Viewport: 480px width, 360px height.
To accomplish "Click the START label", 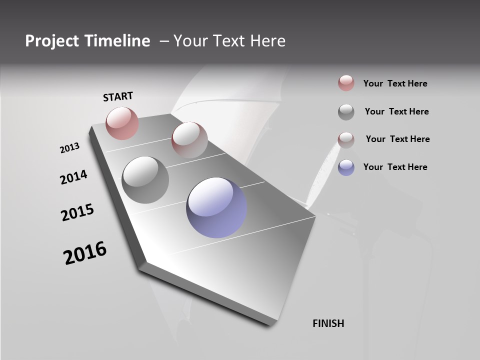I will pos(118,96).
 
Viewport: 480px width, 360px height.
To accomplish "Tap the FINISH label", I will pos(328,323).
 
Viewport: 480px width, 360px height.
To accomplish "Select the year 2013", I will pos(69,148).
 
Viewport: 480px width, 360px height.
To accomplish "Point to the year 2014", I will pos(73,177).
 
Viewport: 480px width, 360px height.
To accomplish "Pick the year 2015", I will pos(77,212).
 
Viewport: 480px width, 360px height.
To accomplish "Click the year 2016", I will pos(85,252).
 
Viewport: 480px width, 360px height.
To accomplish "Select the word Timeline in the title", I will pos(118,41).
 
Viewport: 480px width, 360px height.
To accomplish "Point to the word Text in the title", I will pos(227,41).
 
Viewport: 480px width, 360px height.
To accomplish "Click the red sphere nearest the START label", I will pos(122,123).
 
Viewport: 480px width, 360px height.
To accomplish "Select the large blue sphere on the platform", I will pos(216,207).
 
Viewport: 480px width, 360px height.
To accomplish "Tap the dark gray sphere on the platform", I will pos(145,179).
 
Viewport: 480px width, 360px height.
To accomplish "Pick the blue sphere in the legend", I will pos(346,167).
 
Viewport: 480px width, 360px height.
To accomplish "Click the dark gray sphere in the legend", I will pos(346,112).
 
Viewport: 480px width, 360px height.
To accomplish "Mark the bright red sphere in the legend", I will pos(346,83).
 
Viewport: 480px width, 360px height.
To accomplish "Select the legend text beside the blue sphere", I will pos(395,167).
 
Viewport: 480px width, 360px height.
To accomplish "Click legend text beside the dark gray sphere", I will pos(396,111).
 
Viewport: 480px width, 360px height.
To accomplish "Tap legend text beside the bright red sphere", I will pos(395,83).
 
